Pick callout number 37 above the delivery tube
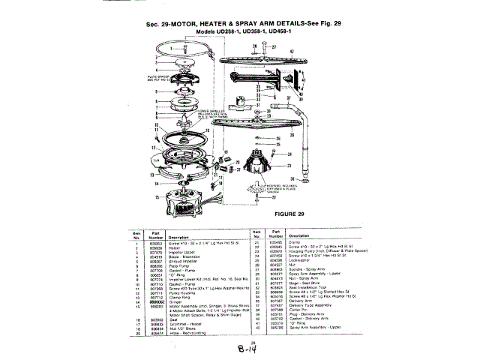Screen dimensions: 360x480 (279, 97)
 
